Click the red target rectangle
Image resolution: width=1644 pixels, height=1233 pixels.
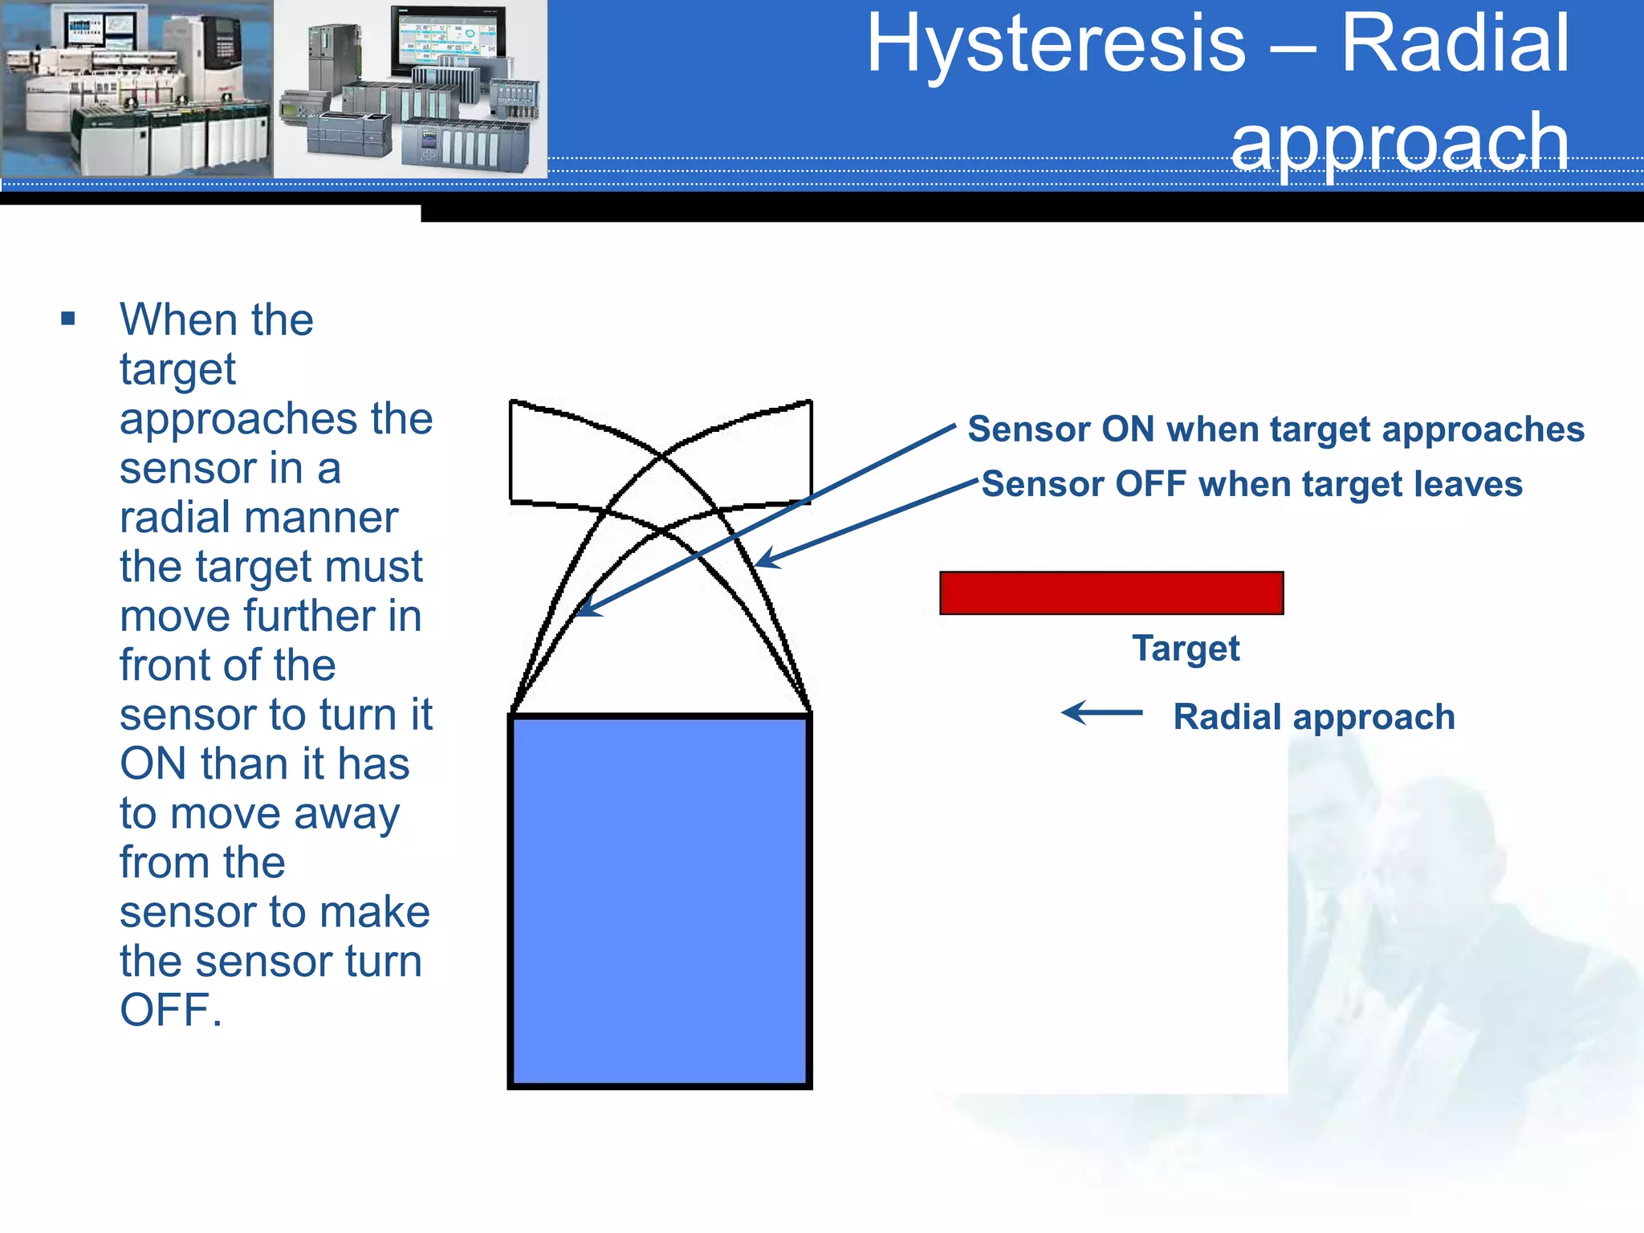1111,593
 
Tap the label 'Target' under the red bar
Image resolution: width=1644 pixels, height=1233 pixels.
1186,649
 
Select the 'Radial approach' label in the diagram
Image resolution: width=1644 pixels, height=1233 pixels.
1313,717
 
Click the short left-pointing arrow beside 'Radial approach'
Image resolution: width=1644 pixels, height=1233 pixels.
1101,712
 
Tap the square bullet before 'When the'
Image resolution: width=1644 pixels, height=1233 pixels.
68,319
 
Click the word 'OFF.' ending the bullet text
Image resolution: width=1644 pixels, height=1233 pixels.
170,1010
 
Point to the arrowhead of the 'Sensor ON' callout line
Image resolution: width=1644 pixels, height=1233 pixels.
584,611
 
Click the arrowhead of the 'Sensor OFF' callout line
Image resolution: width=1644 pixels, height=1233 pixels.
763,561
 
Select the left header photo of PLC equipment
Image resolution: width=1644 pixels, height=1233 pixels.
136,88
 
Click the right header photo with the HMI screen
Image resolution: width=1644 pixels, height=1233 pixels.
410,88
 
